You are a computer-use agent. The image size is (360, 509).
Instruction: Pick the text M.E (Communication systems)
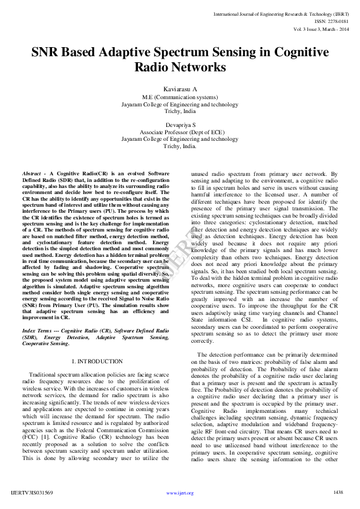point(180,97)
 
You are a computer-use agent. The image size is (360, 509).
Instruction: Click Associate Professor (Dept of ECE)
point(180,131)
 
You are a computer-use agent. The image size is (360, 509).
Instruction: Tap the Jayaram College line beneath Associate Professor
point(180,138)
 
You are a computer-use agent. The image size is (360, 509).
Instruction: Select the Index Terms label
point(36,331)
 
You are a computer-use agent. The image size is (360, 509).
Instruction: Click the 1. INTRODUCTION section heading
point(97,361)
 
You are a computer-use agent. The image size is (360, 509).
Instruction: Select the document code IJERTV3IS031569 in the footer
point(32,493)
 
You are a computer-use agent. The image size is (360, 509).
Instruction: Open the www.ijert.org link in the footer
point(180,493)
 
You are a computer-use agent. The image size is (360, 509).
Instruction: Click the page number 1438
point(338,493)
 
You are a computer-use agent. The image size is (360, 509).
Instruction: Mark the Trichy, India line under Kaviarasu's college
point(180,112)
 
